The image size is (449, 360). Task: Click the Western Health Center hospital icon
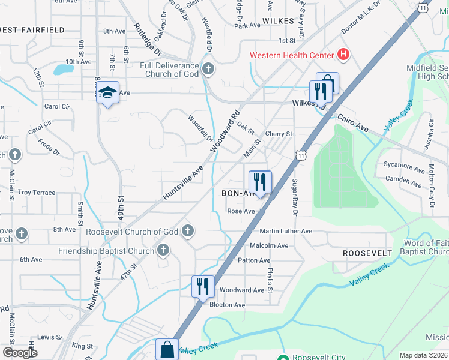pos(343,55)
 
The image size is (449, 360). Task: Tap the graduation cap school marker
pos(107,92)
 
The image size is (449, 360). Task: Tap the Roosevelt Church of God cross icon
pos(188,231)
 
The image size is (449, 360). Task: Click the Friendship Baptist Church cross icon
pos(163,250)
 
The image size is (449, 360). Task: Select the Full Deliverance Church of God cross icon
pos(208,68)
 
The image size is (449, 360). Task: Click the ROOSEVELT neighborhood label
pos(367,254)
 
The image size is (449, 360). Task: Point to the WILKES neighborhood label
pos(278,21)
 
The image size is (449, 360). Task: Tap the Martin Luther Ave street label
pos(286,231)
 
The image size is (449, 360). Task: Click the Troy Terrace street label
pos(37,193)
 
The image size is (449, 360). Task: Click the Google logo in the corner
pos(20,353)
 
